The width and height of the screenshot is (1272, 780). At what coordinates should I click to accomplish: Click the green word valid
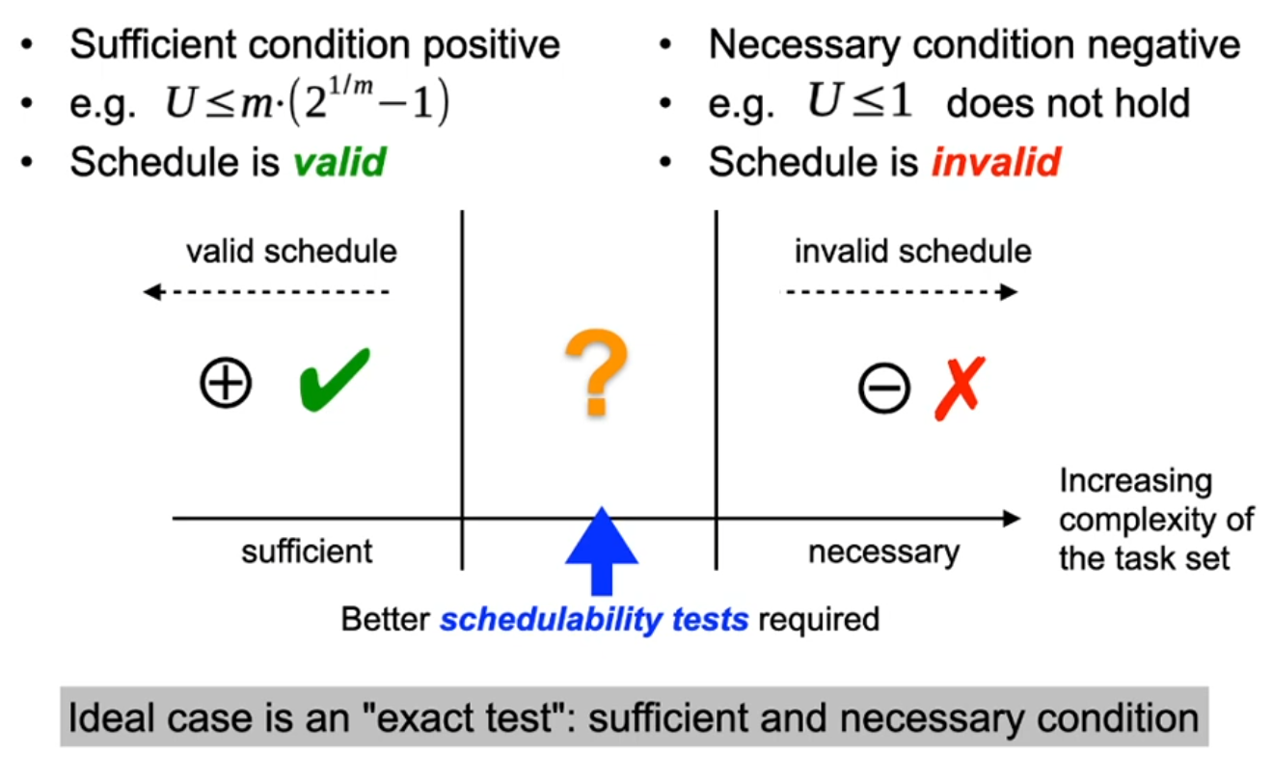tap(339, 162)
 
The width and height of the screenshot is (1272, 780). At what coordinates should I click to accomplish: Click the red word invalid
tap(996, 162)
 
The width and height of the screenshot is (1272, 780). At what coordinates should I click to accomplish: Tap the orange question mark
tap(597, 372)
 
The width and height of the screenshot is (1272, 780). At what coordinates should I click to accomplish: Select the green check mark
tap(335, 379)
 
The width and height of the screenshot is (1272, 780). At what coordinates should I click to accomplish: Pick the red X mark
tap(960, 389)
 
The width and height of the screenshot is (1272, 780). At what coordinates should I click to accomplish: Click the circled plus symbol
tap(226, 383)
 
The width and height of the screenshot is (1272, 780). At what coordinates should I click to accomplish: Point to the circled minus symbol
tap(883, 388)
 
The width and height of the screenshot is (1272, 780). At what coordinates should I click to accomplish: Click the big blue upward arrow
tap(602, 551)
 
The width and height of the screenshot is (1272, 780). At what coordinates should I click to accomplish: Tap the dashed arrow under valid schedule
tap(266, 292)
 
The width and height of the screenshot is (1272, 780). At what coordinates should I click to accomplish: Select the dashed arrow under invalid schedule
tap(899, 292)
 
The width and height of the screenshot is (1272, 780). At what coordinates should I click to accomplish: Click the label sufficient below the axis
tap(307, 551)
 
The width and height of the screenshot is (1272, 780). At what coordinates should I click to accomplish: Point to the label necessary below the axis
tap(883, 552)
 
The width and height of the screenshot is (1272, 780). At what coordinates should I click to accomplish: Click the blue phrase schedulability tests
tap(594, 619)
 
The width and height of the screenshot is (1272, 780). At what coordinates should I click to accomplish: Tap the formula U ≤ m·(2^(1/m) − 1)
tap(308, 101)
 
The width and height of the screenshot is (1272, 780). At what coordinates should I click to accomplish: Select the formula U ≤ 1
tap(860, 101)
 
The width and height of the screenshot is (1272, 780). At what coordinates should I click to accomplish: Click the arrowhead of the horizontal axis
tap(1012, 519)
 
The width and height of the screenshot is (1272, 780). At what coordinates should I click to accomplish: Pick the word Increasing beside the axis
tap(1136, 482)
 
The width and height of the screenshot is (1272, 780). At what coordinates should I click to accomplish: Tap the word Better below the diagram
tap(386, 619)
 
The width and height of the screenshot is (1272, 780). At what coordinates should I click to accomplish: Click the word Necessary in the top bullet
tap(806, 45)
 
